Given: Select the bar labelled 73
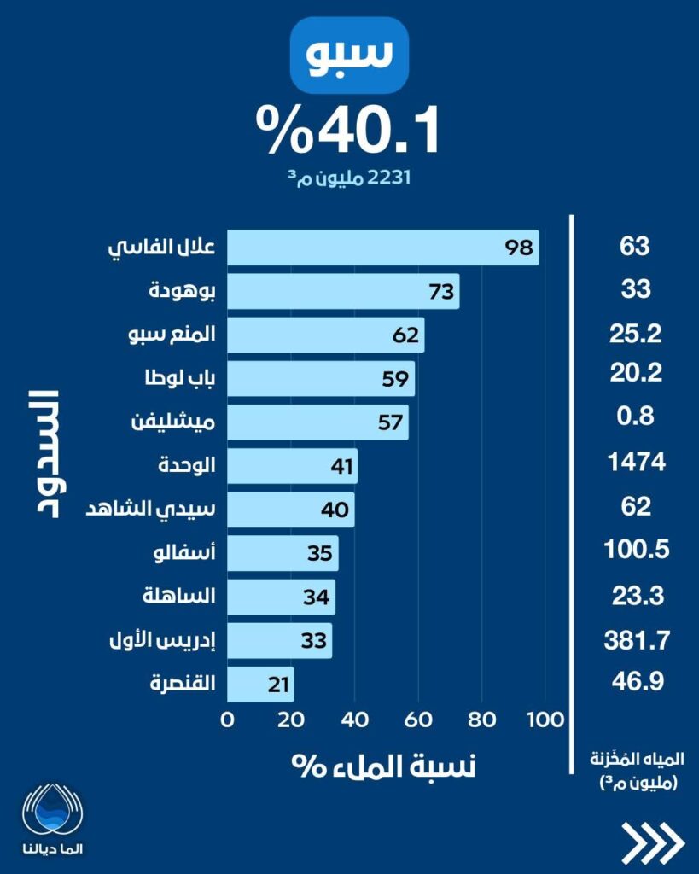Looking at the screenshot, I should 343,291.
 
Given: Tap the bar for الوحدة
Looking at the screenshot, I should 292,466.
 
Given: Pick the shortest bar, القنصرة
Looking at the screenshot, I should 260,685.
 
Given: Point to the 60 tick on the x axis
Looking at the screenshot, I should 418,719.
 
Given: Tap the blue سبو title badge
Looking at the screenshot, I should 349,54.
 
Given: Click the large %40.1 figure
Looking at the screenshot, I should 349,131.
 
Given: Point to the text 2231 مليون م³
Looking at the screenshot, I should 349,179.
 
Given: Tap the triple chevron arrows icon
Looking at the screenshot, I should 653,843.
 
